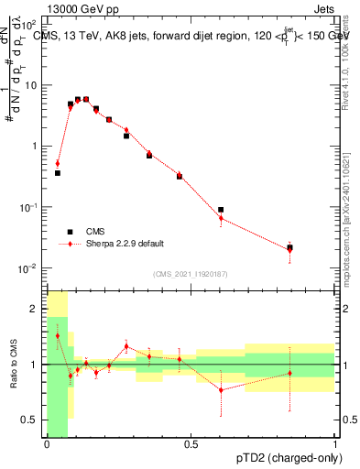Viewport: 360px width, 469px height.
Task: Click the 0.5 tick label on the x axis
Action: coord(191,444)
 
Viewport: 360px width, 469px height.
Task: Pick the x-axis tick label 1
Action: coord(334,444)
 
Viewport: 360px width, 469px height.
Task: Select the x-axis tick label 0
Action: coord(47,444)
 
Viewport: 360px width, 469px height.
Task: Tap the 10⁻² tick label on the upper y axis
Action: coord(29,268)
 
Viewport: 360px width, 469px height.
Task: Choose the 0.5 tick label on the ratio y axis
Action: coord(32,420)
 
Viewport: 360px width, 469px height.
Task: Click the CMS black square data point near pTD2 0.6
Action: coord(221,210)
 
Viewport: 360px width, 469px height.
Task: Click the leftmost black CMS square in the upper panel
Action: coord(58,172)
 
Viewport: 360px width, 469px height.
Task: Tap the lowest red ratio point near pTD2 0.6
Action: coord(221,390)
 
